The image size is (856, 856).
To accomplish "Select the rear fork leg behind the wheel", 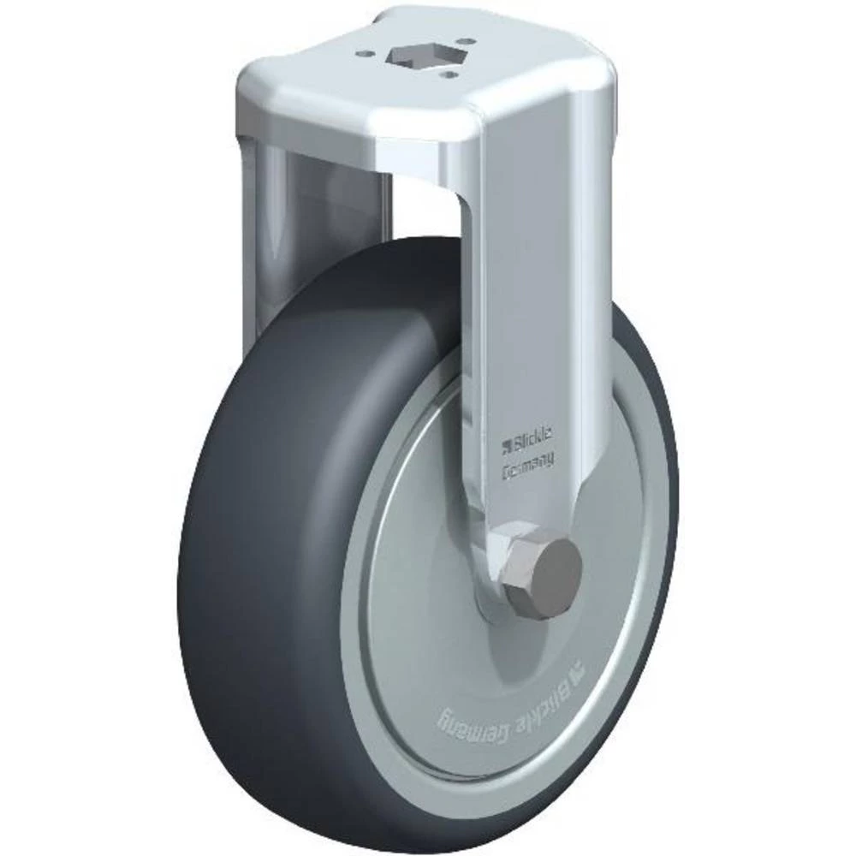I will click(265, 257).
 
